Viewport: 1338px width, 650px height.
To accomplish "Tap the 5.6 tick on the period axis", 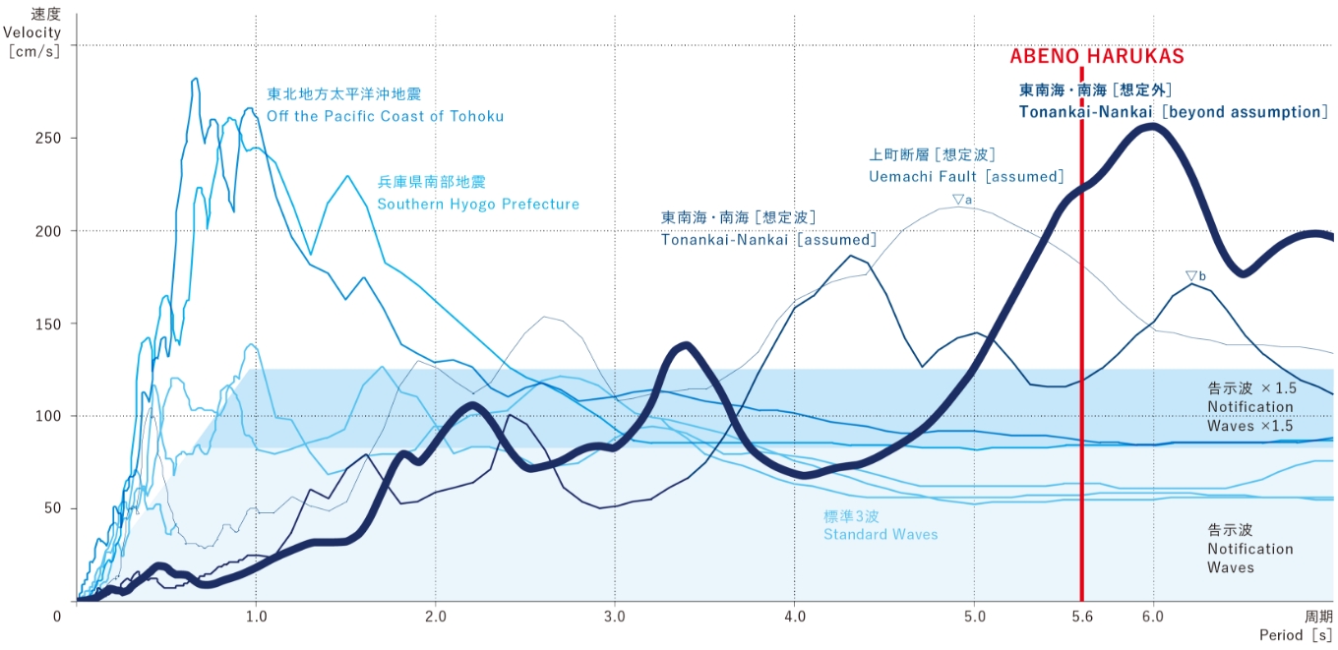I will [1081, 617].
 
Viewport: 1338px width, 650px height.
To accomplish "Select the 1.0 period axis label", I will [256, 617].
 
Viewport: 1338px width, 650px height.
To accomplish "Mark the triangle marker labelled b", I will [1190, 276].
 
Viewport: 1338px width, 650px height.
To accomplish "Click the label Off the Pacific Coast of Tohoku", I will [386, 116].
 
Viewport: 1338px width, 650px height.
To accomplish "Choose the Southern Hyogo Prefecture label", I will [478, 204].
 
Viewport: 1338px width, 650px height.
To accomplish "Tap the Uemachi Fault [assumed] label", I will [966, 176].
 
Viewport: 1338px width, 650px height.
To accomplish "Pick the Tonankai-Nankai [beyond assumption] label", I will [1174, 112].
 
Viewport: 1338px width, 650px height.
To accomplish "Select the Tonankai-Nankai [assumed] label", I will [767, 239].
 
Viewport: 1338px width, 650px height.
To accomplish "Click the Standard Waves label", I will [880, 534].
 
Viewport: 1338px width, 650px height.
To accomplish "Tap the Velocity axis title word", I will [32, 32].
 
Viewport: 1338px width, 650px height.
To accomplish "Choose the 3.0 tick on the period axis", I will [615, 617].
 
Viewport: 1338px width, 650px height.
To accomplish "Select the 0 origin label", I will [58, 616].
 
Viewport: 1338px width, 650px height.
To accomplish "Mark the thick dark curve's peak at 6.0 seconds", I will [1151, 126].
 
